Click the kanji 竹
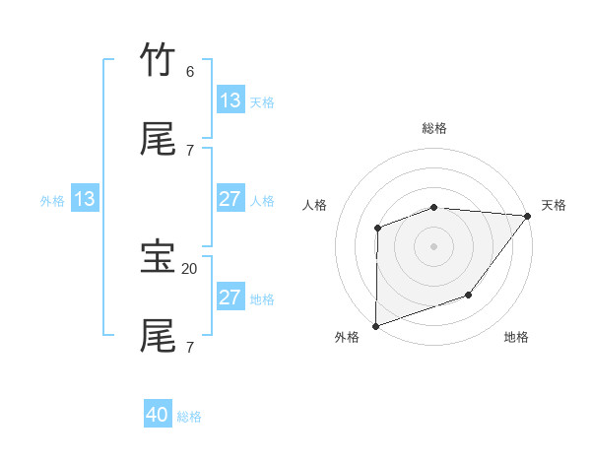click(158, 60)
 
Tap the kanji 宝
click(158, 257)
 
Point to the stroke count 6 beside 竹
click(190, 71)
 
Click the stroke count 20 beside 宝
click(190, 268)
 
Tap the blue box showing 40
click(158, 415)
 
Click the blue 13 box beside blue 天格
click(230, 100)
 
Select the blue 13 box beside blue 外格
click(85, 199)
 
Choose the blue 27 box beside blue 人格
click(230, 199)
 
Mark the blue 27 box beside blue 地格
click(230, 298)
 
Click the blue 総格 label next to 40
click(189, 417)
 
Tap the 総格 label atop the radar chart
click(433, 128)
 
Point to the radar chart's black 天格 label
click(554, 205)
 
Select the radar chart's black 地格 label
click(516, 337)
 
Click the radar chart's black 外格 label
click(347, 337)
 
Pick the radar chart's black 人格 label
click(315, 205)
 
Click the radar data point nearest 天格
click(528, 215)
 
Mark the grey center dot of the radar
click(433, 245)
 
